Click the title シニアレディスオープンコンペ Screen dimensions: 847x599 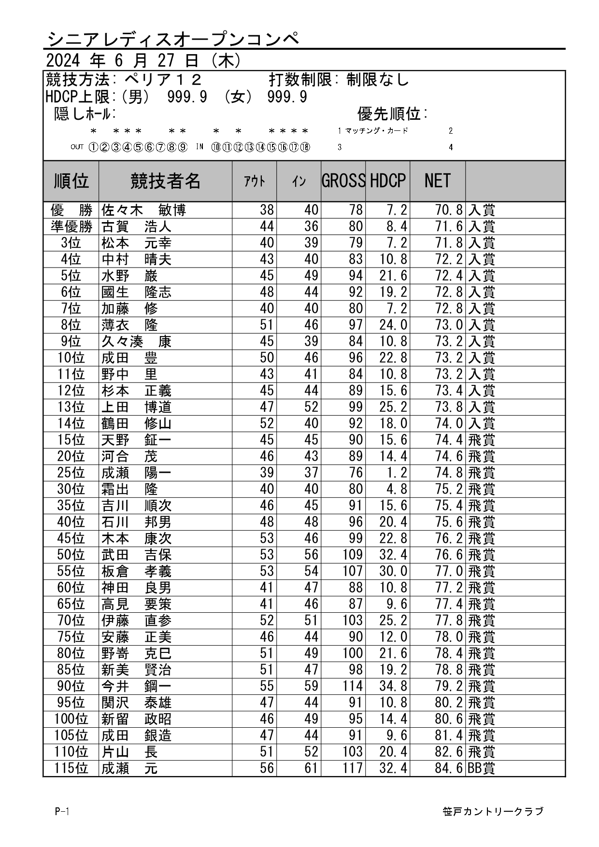[173, 39]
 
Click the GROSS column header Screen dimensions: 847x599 [343, 181]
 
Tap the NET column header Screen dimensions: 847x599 [437, 181]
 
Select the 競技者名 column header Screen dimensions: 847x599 [165, 181]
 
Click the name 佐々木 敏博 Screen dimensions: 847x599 [143, 211]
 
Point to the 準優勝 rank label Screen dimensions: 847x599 [71, 227]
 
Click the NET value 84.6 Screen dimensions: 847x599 [449, 768]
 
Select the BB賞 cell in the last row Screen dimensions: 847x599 [482, 768]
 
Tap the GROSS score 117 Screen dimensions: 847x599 [353, 768]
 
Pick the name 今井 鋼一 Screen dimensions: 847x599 [136, 686]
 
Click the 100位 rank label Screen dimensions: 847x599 [71, 719]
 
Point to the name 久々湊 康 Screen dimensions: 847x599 [136, 342]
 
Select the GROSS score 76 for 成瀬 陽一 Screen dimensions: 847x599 [356, 473]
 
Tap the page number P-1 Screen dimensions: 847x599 [62, 812]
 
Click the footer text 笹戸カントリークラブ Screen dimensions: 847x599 [493, 812]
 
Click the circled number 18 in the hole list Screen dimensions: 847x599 [305, 147]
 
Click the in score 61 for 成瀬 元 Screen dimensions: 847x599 [311, 768]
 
